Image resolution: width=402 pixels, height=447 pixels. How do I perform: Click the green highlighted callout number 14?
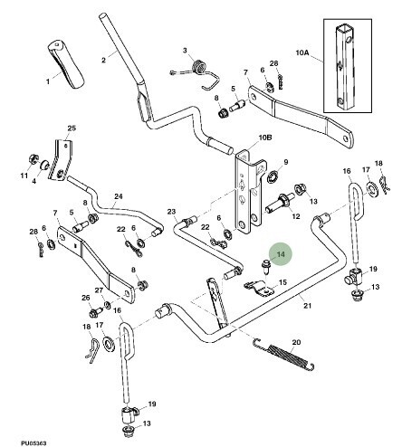pos(281,254)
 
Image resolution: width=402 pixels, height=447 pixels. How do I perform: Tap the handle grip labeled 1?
pos(65,63)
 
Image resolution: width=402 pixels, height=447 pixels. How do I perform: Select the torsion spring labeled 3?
pos(196,73)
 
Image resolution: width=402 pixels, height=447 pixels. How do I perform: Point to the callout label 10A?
pos(302,52)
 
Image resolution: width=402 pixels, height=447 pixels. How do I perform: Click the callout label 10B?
pos(265,138)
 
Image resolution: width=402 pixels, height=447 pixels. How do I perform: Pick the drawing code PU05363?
pos(33,443)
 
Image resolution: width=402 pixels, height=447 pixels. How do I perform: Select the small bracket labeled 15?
pos(259,288)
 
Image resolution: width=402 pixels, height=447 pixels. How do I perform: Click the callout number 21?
pos(307,306)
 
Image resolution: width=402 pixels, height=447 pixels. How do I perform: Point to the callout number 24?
pos(119,196)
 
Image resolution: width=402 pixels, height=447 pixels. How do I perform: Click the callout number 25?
pos(72,128)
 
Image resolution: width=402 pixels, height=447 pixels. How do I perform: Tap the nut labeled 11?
pos(32,159)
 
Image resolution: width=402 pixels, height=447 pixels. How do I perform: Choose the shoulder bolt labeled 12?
pos(280,203)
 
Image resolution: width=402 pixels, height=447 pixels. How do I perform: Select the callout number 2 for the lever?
pos(103,60)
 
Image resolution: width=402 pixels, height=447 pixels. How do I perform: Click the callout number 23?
pos(171,212)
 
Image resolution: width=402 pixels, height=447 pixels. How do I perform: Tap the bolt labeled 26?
pos(93,312)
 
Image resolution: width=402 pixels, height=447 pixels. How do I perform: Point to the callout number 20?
pos(296,342)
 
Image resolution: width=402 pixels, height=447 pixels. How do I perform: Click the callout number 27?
pos(99,290)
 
